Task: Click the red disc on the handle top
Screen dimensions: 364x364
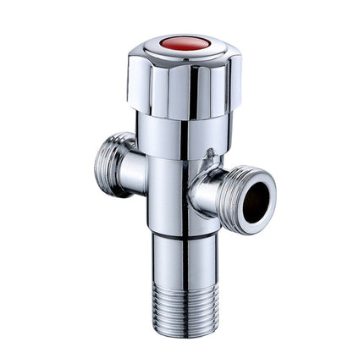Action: click(185, 42)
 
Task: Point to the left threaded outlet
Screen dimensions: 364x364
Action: click(109, 164)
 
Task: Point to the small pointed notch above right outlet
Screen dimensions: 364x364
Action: click(208, 154)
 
